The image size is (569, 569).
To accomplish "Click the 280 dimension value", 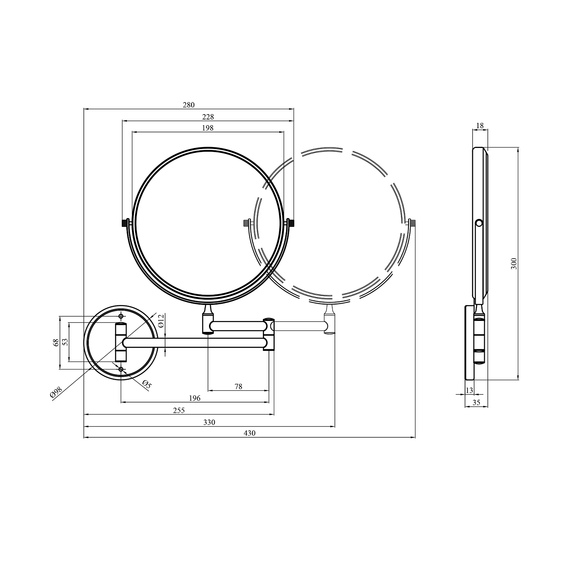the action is (189, 105).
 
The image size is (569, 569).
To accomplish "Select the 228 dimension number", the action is (208, 117).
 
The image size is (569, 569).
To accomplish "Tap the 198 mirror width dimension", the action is (208, 128).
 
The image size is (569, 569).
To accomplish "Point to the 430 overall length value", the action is (250, 433).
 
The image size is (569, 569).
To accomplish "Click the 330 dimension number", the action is (209, 422).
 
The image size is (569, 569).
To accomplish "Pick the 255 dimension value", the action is (179, 410).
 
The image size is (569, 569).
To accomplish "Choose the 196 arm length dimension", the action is (195, 398).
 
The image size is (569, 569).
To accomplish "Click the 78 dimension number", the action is (238, 387).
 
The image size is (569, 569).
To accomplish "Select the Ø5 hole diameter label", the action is (147, 384).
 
